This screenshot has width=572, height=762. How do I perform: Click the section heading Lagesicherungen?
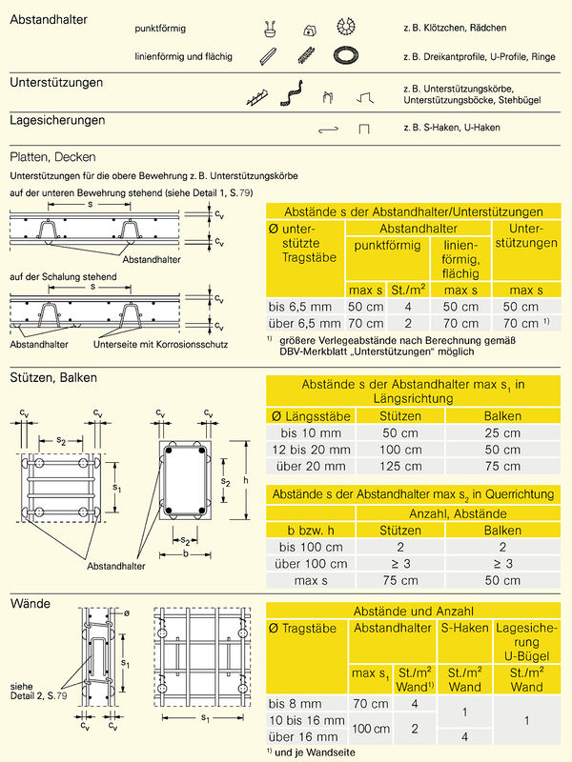click(x=56, y=121)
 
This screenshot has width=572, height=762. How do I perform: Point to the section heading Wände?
click(x=30, y=604)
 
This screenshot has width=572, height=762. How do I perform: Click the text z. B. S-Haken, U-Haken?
click(x=451, y=128)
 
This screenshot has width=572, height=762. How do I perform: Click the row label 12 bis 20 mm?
click(x=309, y=449)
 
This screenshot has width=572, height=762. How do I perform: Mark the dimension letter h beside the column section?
click(x=246, y=480)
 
